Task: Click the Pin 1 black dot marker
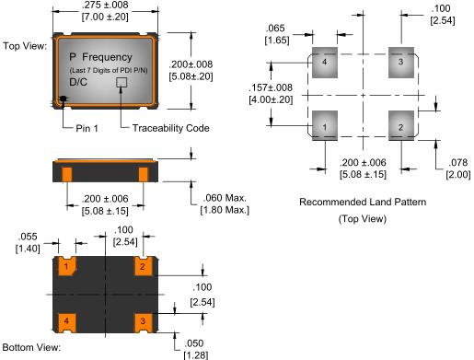(64, 99)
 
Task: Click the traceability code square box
(121, 82)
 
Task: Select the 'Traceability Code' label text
(171, 128)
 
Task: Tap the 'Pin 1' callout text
(87, 128)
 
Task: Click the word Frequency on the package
(107, 57)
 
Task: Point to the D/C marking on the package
(78, 82)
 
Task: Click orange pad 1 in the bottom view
(67, 266)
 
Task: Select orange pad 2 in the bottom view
(144, 266)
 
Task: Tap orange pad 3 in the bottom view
(144, 323)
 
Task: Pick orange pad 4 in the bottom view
(67, 323)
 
